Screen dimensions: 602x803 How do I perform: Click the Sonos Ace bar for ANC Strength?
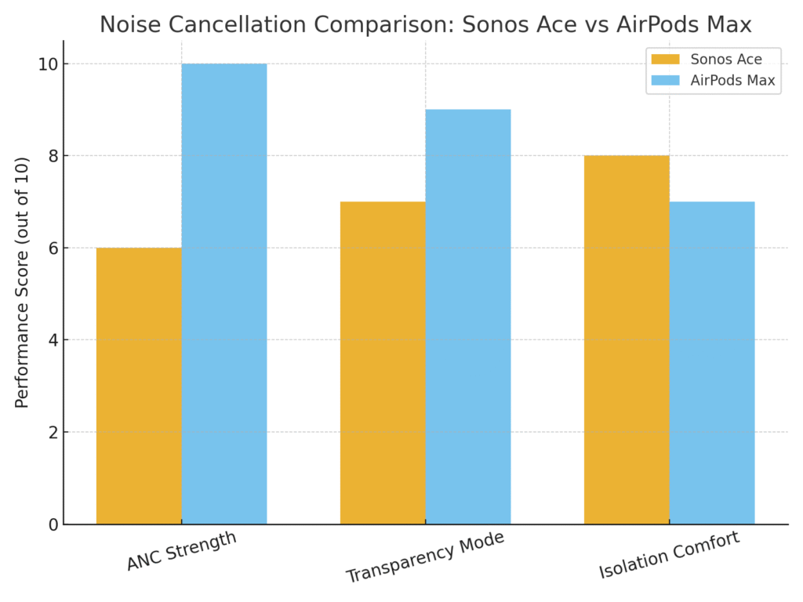(x=139, y=386)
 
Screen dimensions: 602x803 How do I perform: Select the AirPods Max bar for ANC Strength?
(x=224, y=294)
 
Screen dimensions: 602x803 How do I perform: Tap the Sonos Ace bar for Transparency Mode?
(x=383, y=363)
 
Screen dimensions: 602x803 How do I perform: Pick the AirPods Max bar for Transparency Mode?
(x=468, y=317)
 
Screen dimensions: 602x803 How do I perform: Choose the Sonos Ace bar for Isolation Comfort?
(x=627, y=339)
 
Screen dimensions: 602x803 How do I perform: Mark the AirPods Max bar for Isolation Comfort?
(x=712, y=363)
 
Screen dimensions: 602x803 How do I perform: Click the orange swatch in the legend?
(x=667, y=59)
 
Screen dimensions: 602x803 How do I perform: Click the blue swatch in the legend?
(x=667, y=80)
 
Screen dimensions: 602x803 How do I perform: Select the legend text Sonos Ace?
(x=725, y=59)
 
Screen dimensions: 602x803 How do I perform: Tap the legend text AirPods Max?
(x=732, y=80)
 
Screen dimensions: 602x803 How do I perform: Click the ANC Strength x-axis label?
(x=181, y=551)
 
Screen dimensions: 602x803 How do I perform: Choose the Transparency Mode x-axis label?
(x=424, y=557)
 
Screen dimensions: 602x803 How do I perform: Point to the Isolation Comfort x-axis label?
(x=668, y=556)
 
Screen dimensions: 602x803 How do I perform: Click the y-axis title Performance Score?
(x=22, y=282)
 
